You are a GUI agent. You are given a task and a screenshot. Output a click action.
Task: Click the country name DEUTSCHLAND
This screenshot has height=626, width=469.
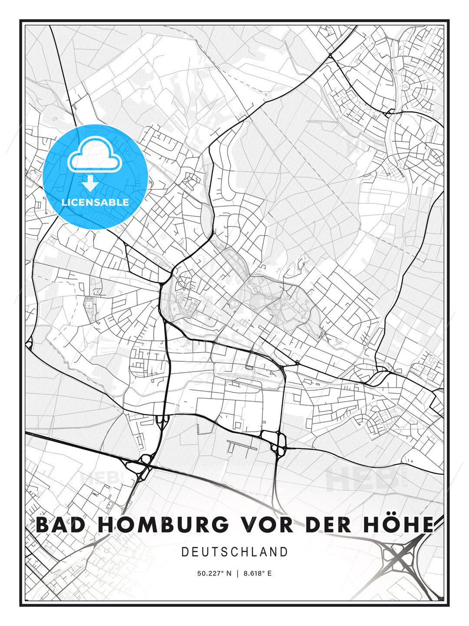click(234, 552)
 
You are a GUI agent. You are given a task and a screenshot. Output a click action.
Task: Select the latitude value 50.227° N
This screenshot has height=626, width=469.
click(214, 573)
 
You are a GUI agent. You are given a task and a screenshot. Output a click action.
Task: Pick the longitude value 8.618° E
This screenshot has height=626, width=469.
click(258, 573)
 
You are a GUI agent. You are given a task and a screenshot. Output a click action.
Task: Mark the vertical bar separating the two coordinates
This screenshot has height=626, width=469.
click(238, 573)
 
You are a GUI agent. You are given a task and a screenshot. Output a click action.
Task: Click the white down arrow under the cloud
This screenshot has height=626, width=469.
click(90, 184)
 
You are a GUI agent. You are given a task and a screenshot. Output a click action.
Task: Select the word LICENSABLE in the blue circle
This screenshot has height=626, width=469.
click(95, 202)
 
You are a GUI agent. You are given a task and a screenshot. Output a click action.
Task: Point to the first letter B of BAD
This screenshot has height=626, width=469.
click(43, 525)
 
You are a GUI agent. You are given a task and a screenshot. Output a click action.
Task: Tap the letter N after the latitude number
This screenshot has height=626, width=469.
click(229, 573)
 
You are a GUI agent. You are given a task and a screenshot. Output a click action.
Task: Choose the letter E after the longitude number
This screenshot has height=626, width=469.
click(269, 573)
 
